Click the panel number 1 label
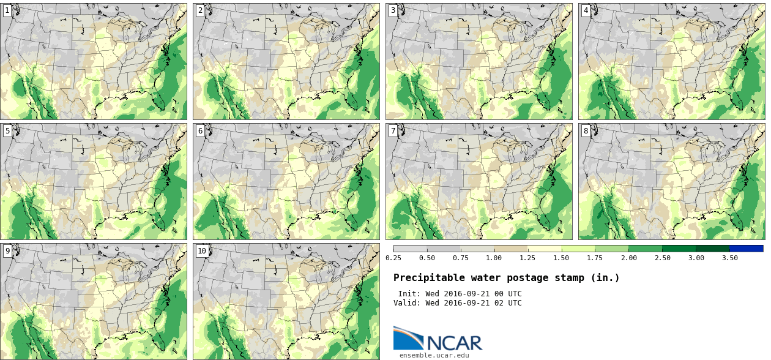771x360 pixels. [7, 10]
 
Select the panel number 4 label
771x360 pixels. [586, 10]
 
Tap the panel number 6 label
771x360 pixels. [200, 130]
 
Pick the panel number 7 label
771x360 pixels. [393, 130]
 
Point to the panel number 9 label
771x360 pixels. [7, 250]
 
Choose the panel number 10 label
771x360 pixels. [202, 250]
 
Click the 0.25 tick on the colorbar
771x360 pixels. [393, 258]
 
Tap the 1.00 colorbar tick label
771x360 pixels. [494, 258]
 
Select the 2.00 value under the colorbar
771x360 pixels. [628, 258]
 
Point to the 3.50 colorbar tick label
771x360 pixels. [729, 258]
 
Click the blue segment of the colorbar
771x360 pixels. [746, 249]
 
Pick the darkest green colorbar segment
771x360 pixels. [712, 249]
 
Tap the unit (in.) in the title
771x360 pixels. [605, 278]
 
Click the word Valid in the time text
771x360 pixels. [408, 303]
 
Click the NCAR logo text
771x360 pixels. [455, 342]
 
